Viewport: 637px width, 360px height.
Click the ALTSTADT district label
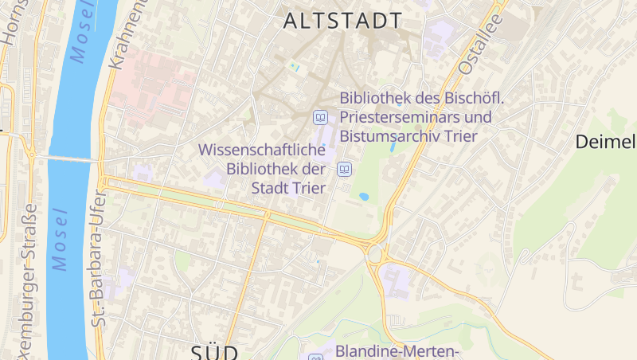coord(342,21)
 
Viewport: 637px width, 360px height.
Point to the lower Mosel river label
coord(59,239)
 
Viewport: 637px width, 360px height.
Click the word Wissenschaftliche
coord(262,149)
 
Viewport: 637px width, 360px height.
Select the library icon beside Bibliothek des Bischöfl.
coord(321,117)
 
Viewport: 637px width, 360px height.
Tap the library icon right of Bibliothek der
coord(345,169)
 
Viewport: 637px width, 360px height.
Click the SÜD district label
coord(215,351)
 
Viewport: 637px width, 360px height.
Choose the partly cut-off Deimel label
coord(605,143)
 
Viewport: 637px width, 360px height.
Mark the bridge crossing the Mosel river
coord(68,159)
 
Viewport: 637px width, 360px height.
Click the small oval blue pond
coord(364,196)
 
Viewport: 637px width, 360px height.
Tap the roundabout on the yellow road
coord(374,255)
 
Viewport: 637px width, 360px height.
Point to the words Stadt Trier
coord(288,188)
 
